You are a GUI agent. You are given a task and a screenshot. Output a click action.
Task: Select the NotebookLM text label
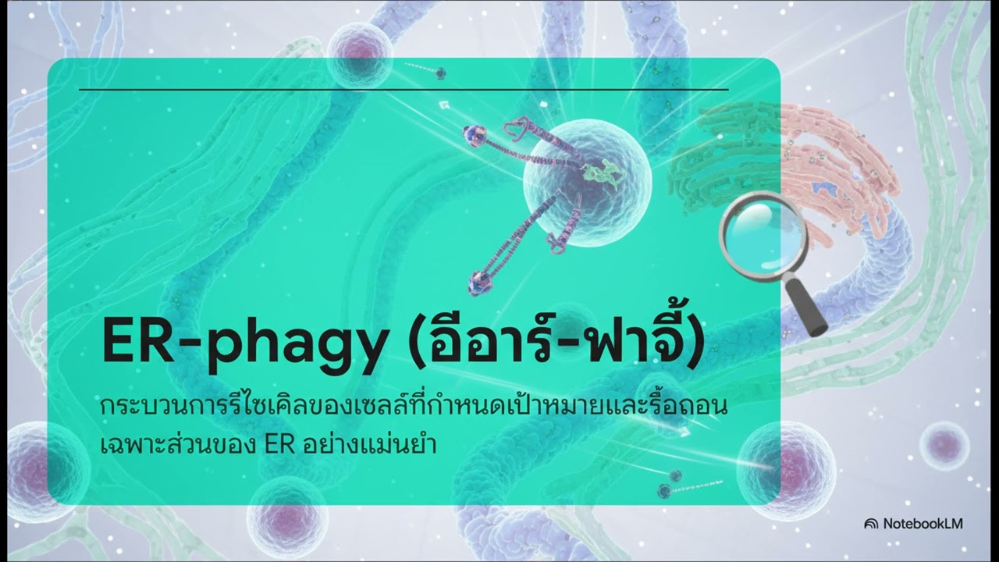[923, 524]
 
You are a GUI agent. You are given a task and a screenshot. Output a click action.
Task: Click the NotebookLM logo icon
[871, 524]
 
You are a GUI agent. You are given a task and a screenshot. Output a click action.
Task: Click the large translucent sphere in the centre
[587, 175]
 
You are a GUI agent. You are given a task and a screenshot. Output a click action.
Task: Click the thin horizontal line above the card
[404, 90]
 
